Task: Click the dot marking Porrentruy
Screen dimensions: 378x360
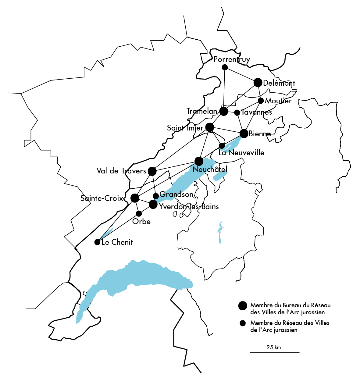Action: [225, 67]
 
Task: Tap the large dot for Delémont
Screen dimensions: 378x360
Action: [258, 82]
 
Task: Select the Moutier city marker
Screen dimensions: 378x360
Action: [261, 101]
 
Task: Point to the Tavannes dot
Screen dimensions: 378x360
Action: [237, 112]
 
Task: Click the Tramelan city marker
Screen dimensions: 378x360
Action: [224, 111]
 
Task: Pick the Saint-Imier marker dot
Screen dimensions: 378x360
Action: [210, 127]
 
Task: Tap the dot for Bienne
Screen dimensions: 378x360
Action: [244, 134]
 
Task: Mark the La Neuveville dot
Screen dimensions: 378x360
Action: [222, 145]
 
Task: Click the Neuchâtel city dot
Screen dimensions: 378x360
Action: [199, 161]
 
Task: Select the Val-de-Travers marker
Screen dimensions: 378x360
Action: [152, 171]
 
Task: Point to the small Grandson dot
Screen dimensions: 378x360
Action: [156, 196]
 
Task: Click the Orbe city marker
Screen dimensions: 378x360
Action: [139, 213]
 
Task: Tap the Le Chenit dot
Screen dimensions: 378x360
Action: [97, 242]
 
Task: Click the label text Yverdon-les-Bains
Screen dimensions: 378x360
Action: [189, 207]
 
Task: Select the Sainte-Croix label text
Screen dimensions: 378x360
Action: [102, 198]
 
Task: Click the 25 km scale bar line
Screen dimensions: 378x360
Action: [275, 352]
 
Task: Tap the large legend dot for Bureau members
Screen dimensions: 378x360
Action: [243, 306]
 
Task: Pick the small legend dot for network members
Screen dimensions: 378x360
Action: [243, 323]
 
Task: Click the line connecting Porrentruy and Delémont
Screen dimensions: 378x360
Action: [241, 75]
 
